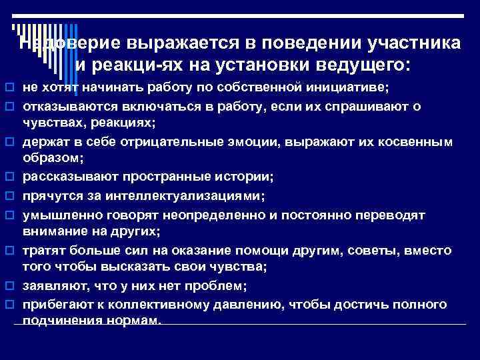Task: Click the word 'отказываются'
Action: [x=59, y=107]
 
